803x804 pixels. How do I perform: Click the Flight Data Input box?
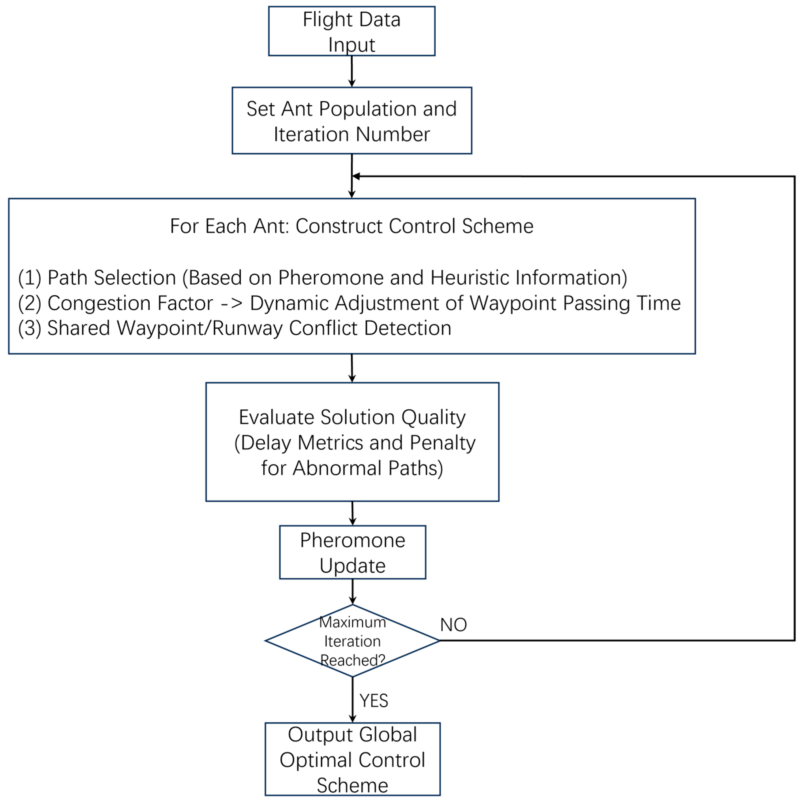coord(351,31)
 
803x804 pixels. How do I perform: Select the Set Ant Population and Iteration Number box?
coord(351,121)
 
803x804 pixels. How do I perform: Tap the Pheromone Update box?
coord(352,552)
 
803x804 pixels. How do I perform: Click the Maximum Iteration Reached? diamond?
coord(352,641)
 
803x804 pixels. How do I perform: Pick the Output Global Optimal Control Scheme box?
coord(352,760)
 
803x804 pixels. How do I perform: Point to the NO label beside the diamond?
coord(453,625)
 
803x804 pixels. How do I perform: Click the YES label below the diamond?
coord(373,701)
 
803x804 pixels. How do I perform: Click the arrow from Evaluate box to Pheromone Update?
coord(353,513)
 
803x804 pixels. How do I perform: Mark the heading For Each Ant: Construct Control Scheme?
coord(351,226)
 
